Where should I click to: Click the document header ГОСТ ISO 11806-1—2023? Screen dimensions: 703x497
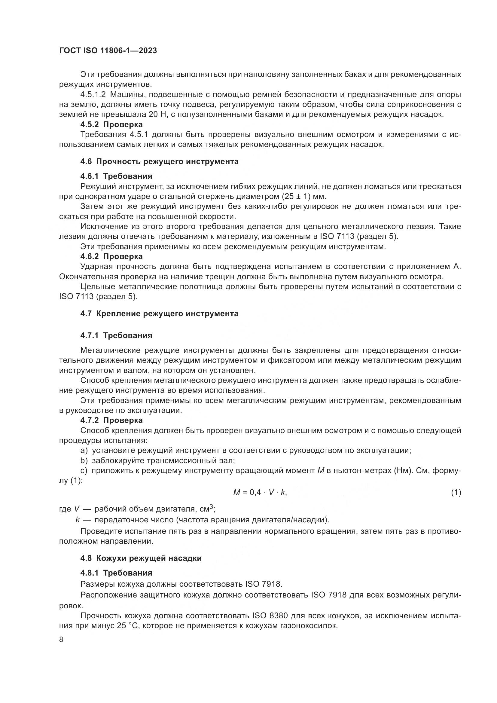tap(108, 50)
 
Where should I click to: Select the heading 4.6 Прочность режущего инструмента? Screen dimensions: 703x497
tap(159, 161)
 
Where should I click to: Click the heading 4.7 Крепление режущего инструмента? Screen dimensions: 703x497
tap(159, 313)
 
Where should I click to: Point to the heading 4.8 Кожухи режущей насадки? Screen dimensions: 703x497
tap(141, 558)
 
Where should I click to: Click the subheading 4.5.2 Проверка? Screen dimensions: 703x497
tap(111, 125)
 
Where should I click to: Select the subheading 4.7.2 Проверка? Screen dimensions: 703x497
tap(111, 420)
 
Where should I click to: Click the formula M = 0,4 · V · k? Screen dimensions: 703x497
tap(260, 493)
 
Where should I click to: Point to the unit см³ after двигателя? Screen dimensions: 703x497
tap(207, 509)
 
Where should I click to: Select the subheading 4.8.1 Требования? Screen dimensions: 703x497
tap(116, 573)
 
